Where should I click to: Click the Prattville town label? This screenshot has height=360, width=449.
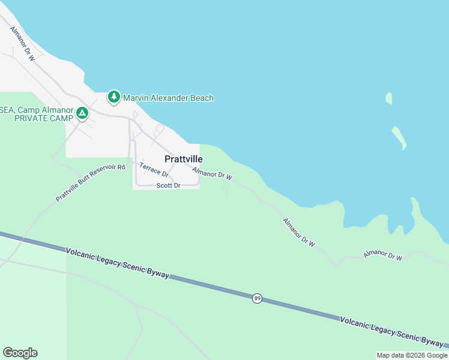[184, 159]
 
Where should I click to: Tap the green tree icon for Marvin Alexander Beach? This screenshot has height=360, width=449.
[114, 97]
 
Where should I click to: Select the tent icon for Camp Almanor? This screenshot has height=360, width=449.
[82, 113]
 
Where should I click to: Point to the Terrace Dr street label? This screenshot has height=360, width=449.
[154, 170]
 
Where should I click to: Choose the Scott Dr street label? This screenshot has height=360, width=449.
[168, 186]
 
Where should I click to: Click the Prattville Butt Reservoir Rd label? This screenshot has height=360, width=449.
[90, 183]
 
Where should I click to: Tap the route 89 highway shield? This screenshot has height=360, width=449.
[257, 298]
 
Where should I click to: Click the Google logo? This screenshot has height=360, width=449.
[20, 353]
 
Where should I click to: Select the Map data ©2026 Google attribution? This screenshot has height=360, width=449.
[412, 355]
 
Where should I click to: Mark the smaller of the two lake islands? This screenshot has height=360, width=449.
[389, 98]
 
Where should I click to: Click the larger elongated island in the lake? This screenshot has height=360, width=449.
[399, 137]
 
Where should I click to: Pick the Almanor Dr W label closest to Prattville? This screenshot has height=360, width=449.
[212, 174]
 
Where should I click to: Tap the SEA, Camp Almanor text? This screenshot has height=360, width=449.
[36, 110]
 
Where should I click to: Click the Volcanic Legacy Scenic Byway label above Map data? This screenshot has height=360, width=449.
[391, 331]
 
